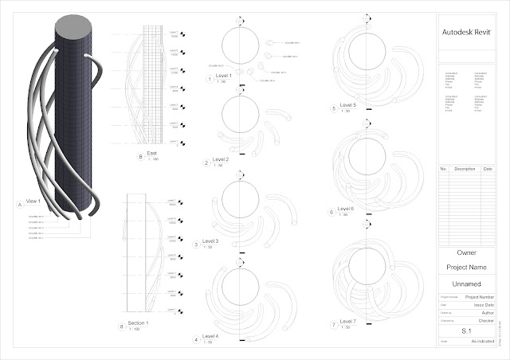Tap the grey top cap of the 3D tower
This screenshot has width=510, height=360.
point(73,31)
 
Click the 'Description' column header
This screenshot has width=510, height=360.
point(465,169)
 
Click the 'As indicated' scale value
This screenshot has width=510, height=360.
point(482,342)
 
